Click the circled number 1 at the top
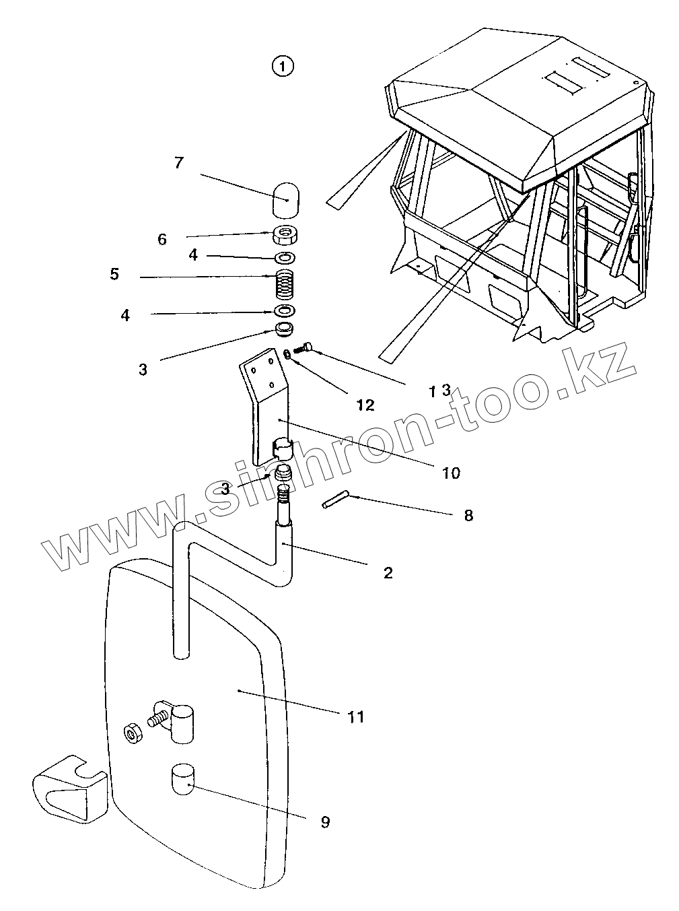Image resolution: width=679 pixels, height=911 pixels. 283,66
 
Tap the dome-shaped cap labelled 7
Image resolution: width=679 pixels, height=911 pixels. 286,199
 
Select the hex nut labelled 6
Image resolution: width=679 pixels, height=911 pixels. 285,236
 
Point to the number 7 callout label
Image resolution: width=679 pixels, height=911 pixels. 178,163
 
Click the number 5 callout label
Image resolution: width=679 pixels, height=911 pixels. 114,274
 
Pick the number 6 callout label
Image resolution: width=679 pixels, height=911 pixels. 162,239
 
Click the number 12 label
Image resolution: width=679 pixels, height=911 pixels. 365,405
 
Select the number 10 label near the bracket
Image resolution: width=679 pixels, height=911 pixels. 451,473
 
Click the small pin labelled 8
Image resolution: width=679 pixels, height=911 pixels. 334,502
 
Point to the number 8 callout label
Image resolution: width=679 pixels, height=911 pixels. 468,516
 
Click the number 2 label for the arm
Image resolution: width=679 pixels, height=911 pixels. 388,573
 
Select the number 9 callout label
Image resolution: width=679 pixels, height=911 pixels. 325,822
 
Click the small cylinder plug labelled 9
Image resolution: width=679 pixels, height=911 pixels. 182,779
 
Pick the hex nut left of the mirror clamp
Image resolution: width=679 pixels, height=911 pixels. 132,733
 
